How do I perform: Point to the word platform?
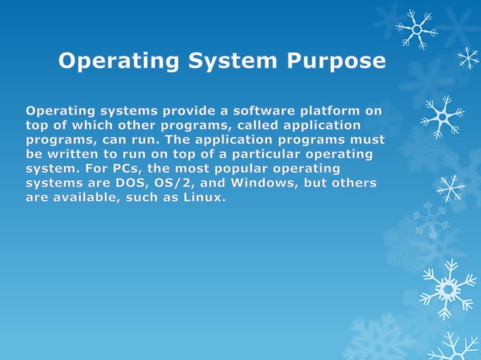click(x=327, y=111)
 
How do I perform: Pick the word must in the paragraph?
click(x=368, y=139)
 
